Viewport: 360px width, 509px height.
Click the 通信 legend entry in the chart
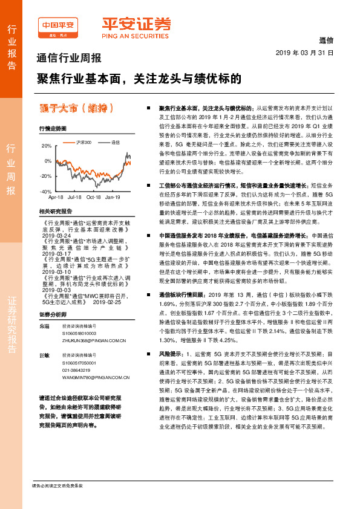click(116, 141)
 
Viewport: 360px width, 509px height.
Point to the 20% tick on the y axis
click(47, 146)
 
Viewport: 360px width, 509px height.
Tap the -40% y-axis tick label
click(46, 191)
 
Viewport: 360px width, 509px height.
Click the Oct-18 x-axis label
click(94, 197)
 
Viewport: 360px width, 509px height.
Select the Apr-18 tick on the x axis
click(56, 197)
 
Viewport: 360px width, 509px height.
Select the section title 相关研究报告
click(55, 212)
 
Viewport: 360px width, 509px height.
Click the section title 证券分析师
click(53, 314)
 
